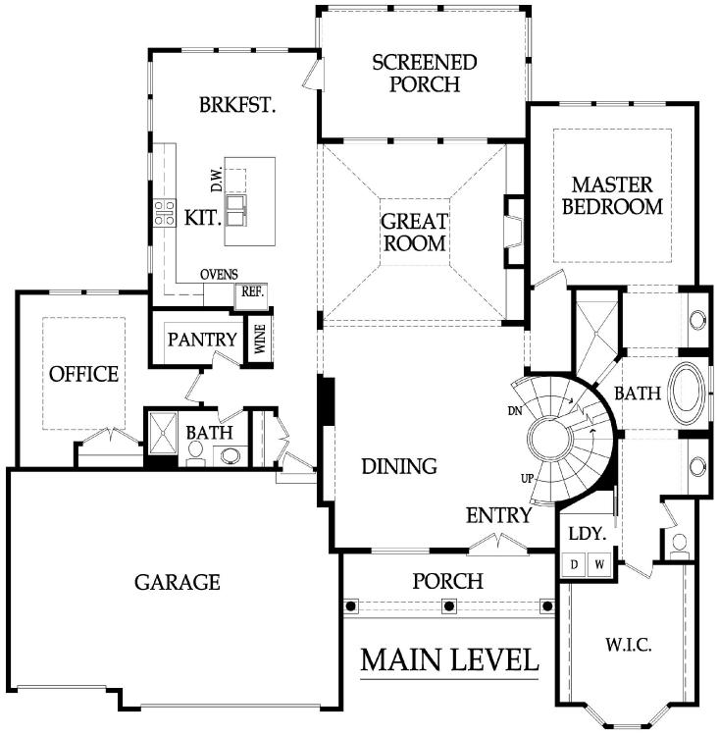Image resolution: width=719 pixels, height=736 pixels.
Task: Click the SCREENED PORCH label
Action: (x=425, y=74)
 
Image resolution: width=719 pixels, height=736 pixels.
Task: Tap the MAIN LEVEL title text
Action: (x=449, y=659)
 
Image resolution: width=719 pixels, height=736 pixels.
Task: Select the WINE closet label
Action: (x=260, y=340)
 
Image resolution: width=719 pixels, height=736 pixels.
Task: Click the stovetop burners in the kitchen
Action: (x=165, y=213)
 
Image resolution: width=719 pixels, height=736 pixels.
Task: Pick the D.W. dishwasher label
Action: (x=217, y=181)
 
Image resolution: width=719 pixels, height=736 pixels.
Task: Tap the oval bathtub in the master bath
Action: (x=688, y=393)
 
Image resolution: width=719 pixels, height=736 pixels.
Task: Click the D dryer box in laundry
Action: (x=574, y=564)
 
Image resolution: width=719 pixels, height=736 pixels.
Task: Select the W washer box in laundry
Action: (x=599, y=564)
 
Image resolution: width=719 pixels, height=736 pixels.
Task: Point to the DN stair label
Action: (x=515, y=411)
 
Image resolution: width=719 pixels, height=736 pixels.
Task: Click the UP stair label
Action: (x=528, y=479)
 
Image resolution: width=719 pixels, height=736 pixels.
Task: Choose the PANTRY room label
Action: (x=202, y=340)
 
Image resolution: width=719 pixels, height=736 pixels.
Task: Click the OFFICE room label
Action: (x=84, y=374)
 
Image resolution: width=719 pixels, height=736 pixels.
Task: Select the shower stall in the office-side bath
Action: (x=163, y=434)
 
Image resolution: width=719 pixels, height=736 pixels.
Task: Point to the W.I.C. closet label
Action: (x=629, y=646)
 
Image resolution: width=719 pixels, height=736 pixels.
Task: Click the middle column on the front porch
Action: (x=449, y=605)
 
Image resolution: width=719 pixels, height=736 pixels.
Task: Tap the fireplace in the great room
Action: (x=514, y=232)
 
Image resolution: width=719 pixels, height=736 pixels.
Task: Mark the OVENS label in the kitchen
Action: (x=219, y=275)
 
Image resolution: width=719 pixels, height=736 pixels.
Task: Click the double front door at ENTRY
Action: (x=498, y=544)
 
